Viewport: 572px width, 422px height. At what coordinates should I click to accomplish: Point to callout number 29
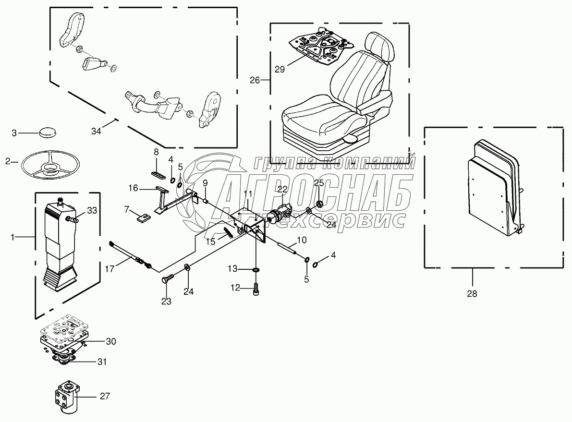(x=280, y=69)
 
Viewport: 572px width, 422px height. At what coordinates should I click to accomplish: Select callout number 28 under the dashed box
(x=472, y=294)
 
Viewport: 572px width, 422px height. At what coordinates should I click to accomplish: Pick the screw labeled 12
(x=256, y=289)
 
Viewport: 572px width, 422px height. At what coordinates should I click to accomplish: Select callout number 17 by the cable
(x=110, y=269)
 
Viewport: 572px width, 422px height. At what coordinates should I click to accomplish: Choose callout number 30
(x=111, y=342)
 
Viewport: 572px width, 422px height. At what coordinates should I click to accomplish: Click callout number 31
(x=101, y=362)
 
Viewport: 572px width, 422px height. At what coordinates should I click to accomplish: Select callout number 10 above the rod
(x=301, y=239)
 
